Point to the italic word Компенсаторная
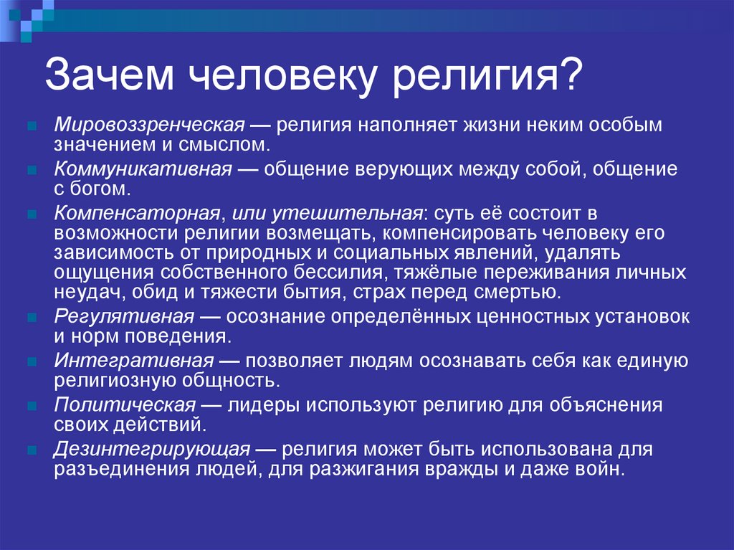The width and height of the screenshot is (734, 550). pyautogui.click(x=135, y=214)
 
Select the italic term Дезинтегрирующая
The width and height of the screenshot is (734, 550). pyautogui.click(x=151, y=450)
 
